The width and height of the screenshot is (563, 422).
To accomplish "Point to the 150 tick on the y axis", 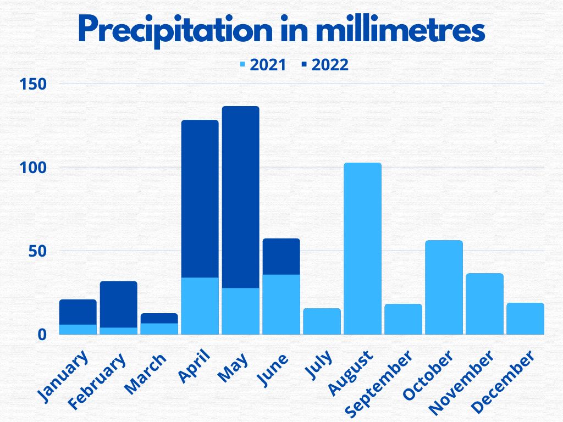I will click(x=34, y=84).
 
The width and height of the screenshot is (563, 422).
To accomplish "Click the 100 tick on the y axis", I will click(x=34, y=168).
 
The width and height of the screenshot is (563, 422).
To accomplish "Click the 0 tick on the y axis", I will click(x=42, y=334).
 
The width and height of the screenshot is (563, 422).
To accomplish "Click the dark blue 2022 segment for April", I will click(x=200, y=198).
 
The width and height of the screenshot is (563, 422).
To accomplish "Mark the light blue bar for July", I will click(x=322, y=321).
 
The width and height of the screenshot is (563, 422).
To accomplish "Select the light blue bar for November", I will click(x=484, y=303).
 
